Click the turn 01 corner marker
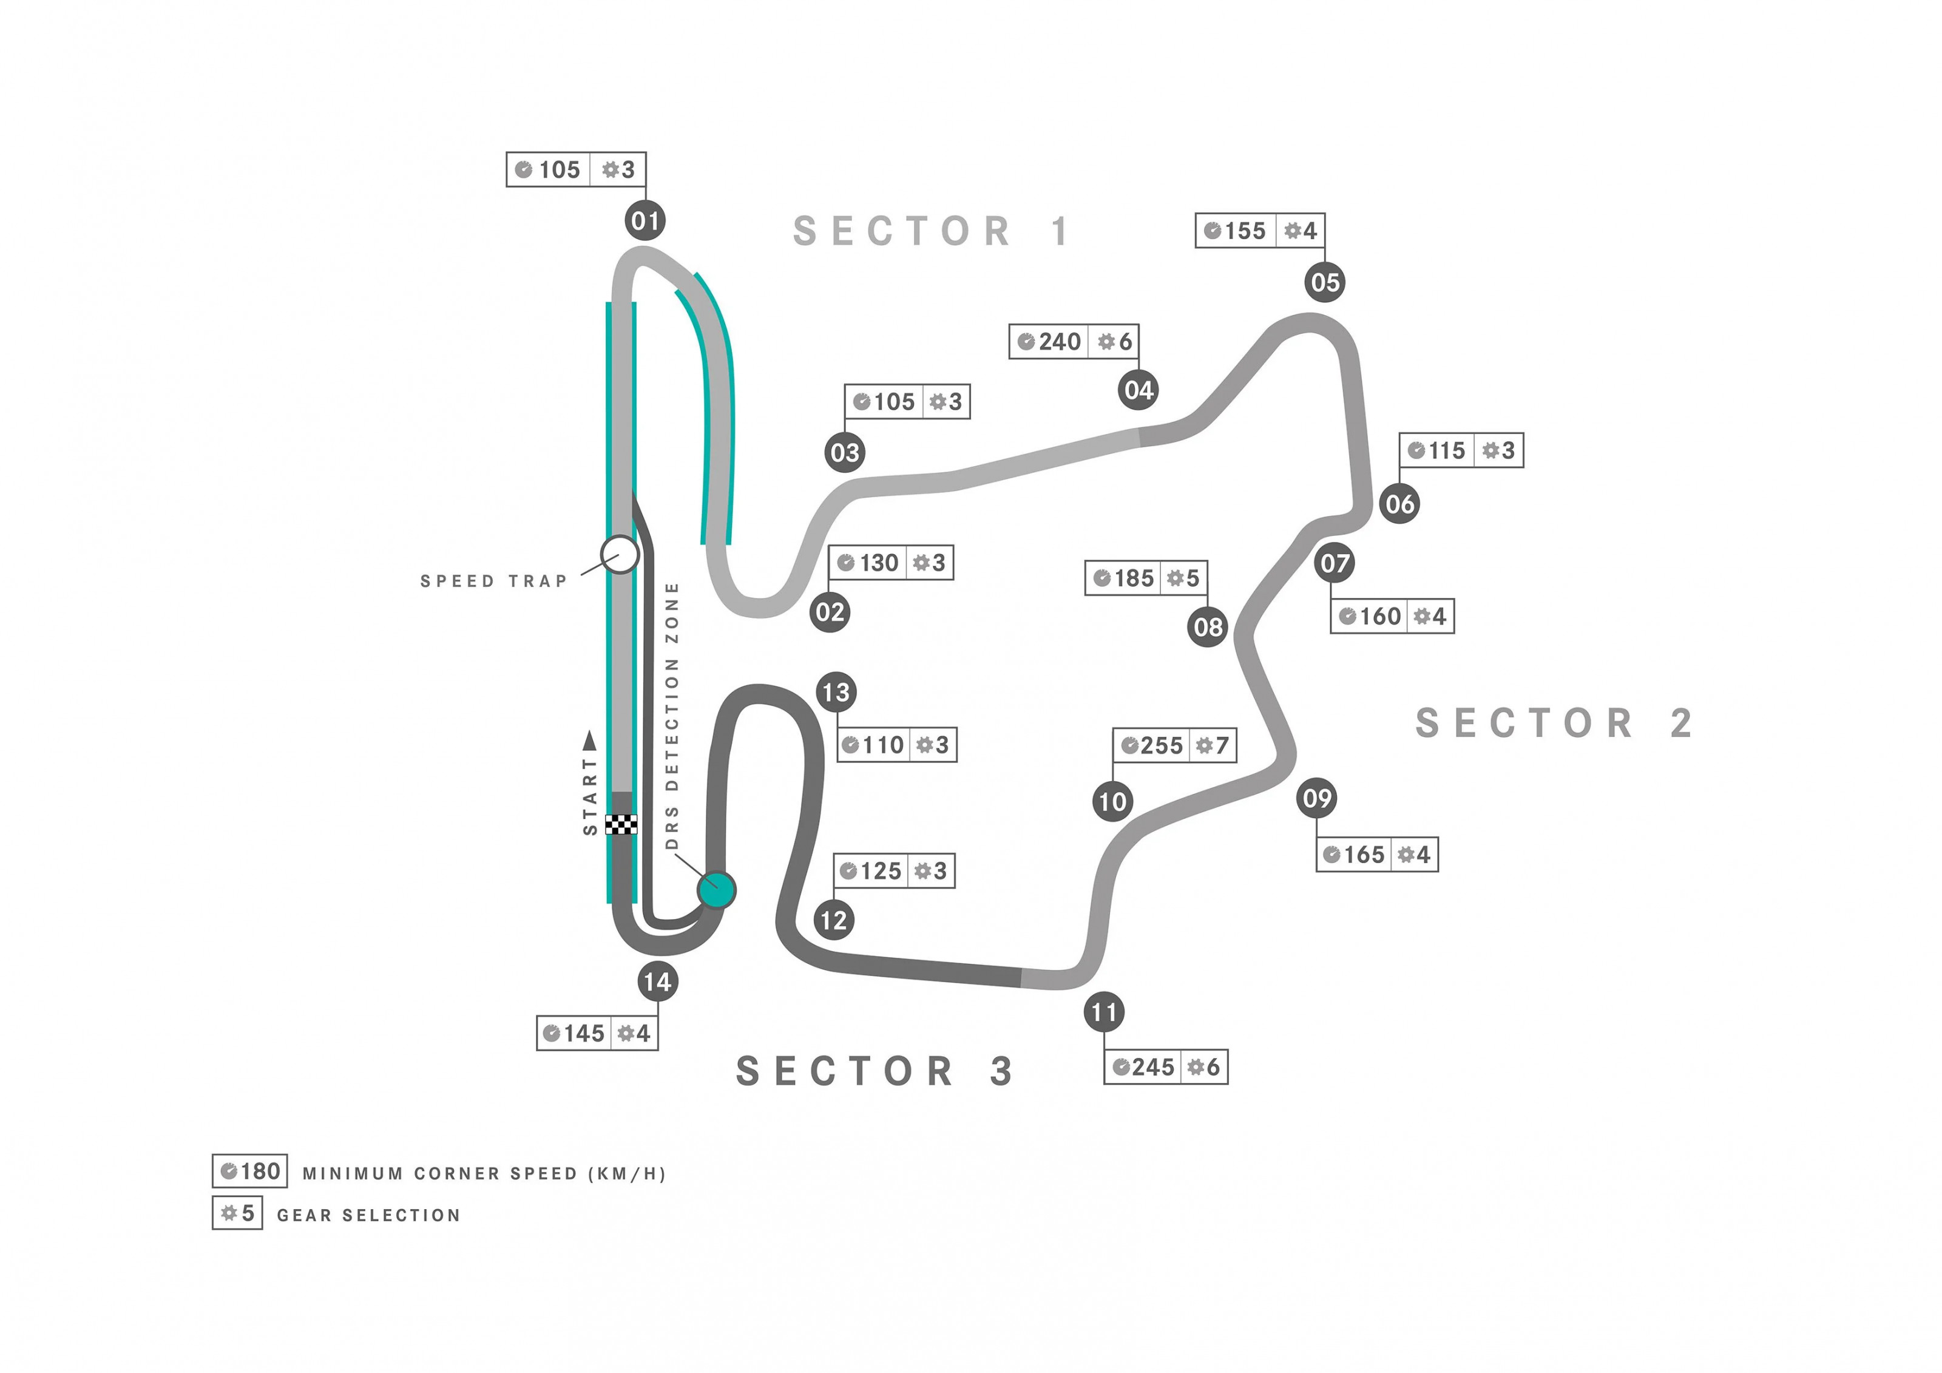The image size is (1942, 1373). coord(645,221)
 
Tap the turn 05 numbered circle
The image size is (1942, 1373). coord(1325,282)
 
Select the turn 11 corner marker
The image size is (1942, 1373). coord(1104,1012)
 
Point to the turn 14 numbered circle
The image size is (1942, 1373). coord(658,981)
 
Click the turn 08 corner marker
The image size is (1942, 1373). coord(1207,627)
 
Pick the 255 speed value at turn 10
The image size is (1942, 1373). coord(1162,745)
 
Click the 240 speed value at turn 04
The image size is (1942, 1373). coord(1060,342)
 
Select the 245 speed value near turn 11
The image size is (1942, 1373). coord(1153,1066)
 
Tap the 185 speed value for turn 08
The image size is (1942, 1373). coord(1134,578)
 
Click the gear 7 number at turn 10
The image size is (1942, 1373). coord(1222,745)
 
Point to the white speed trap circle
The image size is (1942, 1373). coord(620,554)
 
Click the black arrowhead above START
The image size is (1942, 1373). coord(589,741)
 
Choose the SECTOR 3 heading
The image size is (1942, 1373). coord(875,1071)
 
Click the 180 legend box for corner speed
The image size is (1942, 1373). coord(249,1171)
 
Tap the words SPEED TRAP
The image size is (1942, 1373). coord(494,581)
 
